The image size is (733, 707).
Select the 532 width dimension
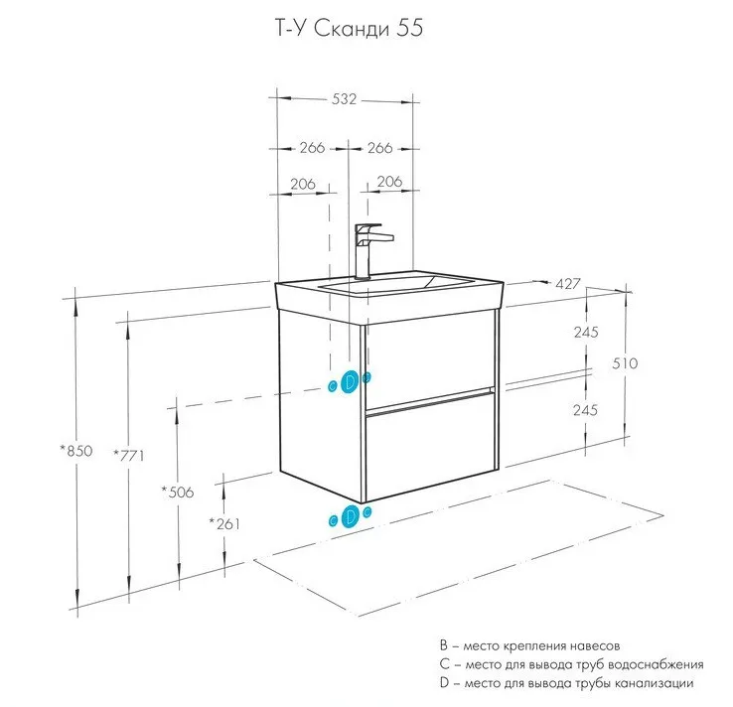343,99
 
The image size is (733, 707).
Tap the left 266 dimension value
311,148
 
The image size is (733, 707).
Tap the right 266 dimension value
380,148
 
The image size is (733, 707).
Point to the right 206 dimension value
388,182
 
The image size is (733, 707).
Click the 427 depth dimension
567,284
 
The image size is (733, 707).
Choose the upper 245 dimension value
585,333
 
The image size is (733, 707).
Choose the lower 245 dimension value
585,409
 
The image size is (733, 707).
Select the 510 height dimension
624,363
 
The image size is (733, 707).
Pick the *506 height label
177,492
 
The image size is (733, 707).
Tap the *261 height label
224,523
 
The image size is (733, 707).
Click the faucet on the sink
369,248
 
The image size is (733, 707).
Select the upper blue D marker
350,382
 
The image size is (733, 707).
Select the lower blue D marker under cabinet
350,515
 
